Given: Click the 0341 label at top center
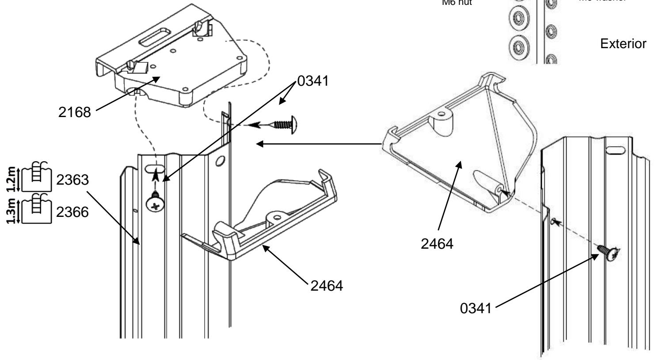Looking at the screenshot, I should pos(313,83).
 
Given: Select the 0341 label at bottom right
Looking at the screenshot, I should pos(476,308).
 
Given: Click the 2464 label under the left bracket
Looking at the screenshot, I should pos(326,285).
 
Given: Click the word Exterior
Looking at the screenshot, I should pos(624,44).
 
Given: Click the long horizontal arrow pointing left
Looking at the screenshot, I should pos(318,144).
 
